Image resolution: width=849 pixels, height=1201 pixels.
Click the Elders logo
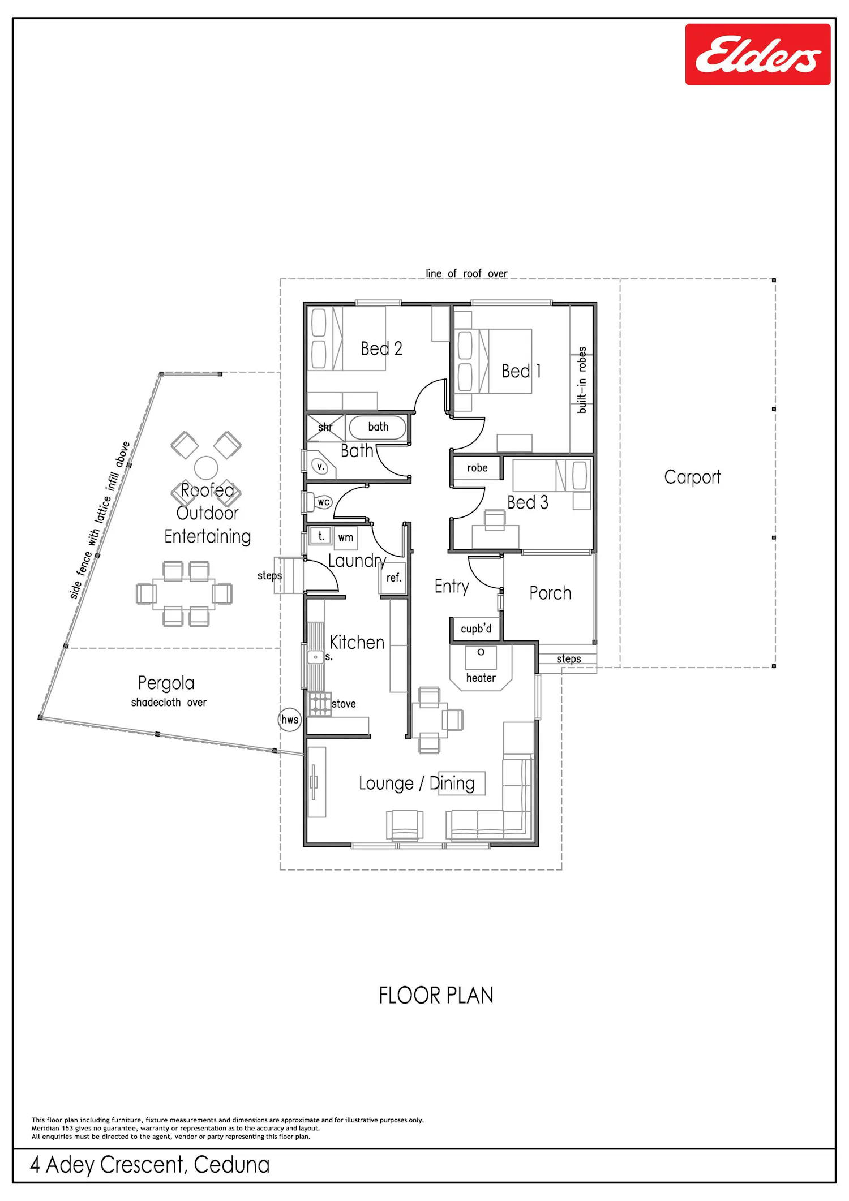[x=758, y=54]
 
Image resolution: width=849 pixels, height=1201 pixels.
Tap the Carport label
[x=692, y=477]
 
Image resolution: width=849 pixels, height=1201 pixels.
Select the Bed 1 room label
[x=521, y=371]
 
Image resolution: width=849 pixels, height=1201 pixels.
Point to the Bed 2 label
[x=381, y=348]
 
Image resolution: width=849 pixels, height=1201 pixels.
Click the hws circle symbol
[x=290, y=720]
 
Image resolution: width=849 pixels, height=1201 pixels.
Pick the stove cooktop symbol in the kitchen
[x=320, y=704]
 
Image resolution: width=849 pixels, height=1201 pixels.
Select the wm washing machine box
[x=346, y=538]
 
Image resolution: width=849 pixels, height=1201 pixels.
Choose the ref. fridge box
[x=393, y=578]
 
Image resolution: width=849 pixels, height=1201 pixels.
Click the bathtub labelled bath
[x=378, y=427]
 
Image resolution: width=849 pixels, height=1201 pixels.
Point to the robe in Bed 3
[x=477, y=468]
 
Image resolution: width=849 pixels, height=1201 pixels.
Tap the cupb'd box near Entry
[x=476, y=629]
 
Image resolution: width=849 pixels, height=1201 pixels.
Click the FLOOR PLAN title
[x=436, y=996]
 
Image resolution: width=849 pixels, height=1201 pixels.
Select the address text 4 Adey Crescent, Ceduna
[x=150, y=1165]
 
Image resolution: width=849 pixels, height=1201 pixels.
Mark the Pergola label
[x=166, y=683]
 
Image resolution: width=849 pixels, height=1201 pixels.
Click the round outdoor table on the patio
[x=206, y=468]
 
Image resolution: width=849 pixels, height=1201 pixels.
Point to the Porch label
[x=550, y=593]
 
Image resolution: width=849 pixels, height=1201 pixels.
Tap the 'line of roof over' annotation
[x=466, y=273]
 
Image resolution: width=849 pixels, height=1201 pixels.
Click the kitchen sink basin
[x=315, y=657]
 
